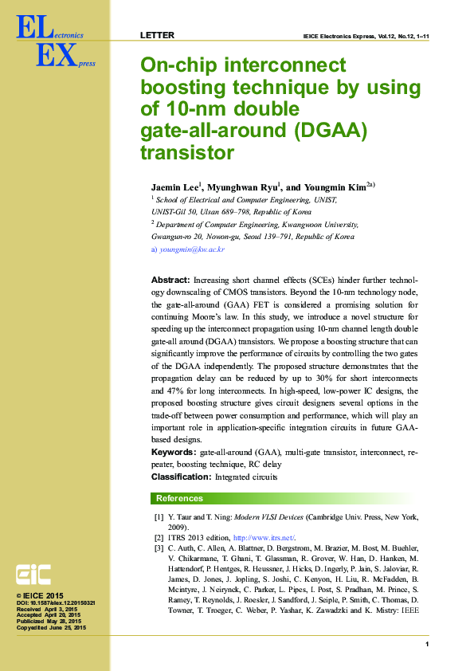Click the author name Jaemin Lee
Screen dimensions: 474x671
174,187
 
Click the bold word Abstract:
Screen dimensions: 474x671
170,281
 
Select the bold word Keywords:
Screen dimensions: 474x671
174,452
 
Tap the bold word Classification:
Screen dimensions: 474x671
182,477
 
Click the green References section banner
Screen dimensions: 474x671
290,498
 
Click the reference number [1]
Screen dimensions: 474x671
159,517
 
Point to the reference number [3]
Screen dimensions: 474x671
159,549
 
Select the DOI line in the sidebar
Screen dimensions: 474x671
56,602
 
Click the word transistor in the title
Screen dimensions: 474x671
186,151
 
